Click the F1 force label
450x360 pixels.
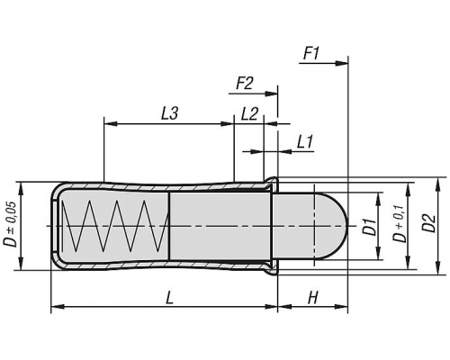[311, 54]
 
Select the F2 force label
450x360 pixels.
[245, 83]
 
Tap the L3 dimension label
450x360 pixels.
[170, 114]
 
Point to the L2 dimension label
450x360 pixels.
[249, 114]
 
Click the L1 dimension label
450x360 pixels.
[305, 142]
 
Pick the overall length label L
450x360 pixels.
[170, 299]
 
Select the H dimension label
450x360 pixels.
[312, 299]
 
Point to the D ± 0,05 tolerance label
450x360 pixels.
[10, 224]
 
